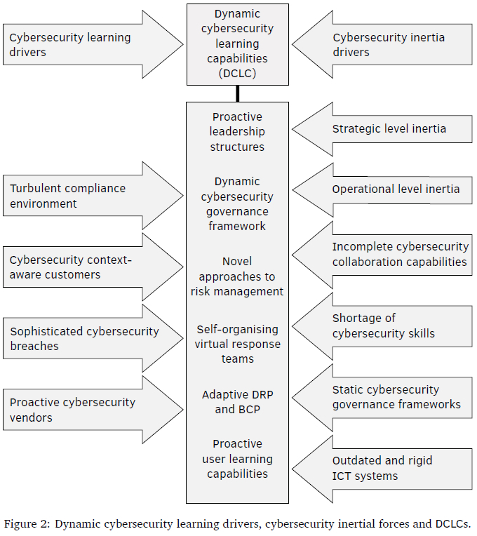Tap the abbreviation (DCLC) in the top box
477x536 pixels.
click(x=237, y=73)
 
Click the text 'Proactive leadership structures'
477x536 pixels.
click(x=237, y=132)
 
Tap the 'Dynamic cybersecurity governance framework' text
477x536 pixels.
click(x=237, y=203)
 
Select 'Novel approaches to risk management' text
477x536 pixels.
click(x=237, y=276)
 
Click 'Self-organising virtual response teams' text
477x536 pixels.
click(x=237, y=344)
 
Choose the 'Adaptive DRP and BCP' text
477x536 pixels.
click(x=237, y=402)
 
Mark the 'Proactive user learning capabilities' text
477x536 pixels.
click(x=237, y=459)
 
